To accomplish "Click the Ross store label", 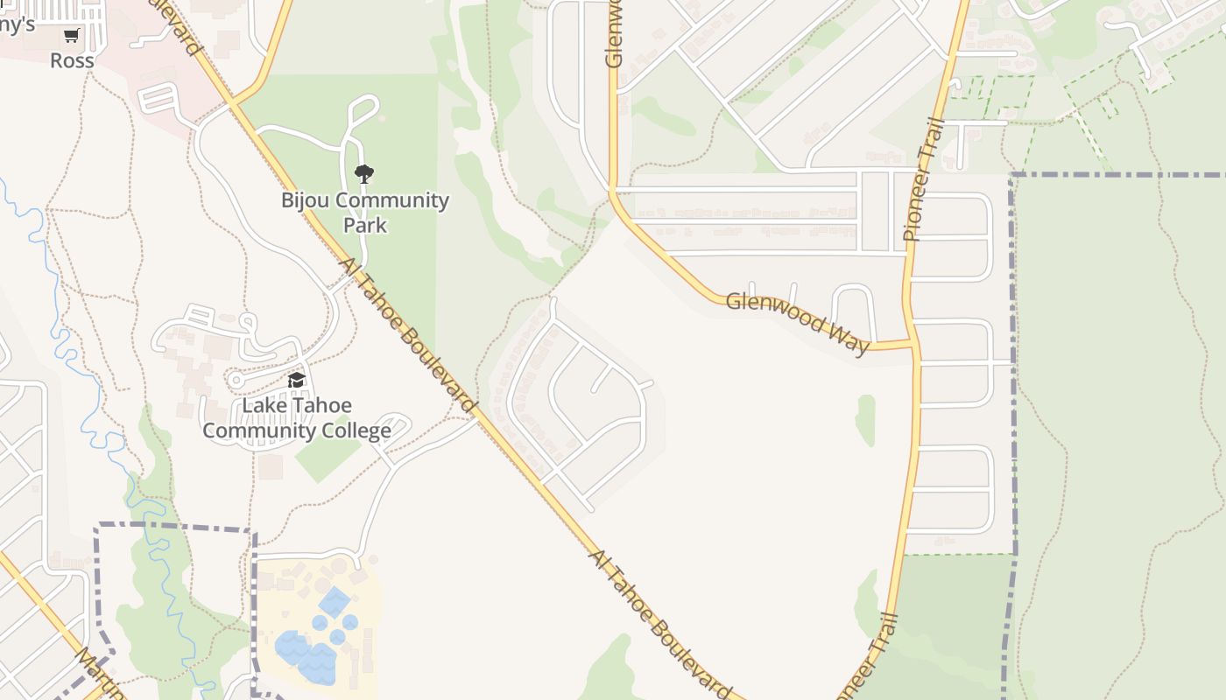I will (72, 60).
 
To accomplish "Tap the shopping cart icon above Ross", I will (72, 36).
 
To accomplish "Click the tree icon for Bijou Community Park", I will (364, 173).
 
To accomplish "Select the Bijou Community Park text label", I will (364, 212).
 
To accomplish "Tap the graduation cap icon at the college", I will (297, 381).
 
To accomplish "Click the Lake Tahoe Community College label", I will (297, 418).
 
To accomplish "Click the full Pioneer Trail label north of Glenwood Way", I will (926, 179).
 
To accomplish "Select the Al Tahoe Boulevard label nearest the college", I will (408, 335).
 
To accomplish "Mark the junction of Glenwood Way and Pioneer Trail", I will (913, 343).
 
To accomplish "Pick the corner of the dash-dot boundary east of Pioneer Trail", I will (1012, 176).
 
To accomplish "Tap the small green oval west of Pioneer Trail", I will (865, 420).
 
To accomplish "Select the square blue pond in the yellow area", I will (335, 602).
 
